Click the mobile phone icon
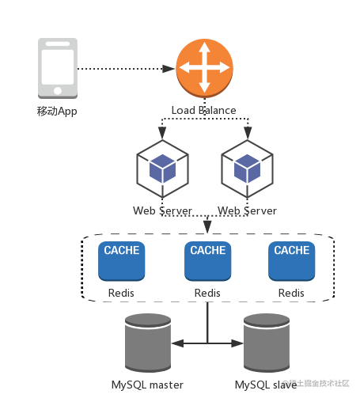pyautogui.click(x=58, y=69)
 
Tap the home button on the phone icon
pyautogui.click(x=58, y=91)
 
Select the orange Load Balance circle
pyautogui.click(x=204, y=68)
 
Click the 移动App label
pyautogui.click(x=57, y=111)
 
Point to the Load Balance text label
pyautogui.click(x=203, y=110)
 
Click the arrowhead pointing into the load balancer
pyautogui.click(x=169, y=69)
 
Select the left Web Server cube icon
pyautogui.click(x=162, y=169)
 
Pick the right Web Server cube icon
pyautogui.click(x=247, y=169)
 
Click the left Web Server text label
pyautogui.click(x=162, y=210)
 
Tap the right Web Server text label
pyautogui.click(x=247, y=210)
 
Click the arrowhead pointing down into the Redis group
pyautogui.click(x=207, y=227)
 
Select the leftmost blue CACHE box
pyautogui.click(x=122, y=261)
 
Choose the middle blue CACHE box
pyautogui.click(x=208, y=261)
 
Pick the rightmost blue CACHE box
pyautogui.click(x=292, y=261)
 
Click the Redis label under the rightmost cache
pyautogui.click(x=291, y=293)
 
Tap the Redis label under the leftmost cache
pyautogui.click(x=121, y=293)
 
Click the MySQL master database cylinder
pyautogui.click(x=148, y=343)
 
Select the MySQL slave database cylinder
pyautogui.click(x=267, y=343)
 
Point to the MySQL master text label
pyautogui.click(x=147, y=385)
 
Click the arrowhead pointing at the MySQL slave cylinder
pyautogui.click(x=237, y=343)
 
